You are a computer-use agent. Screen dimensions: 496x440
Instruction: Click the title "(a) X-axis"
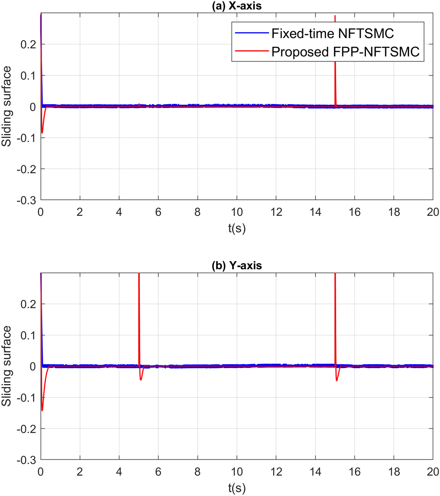[x=236, y=6]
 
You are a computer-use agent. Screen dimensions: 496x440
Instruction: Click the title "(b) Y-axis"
[x=236, y=266]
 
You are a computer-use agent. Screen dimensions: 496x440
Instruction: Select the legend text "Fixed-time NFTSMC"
[x=332, y=33]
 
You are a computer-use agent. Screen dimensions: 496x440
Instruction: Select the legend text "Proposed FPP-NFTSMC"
[x=346, y=52]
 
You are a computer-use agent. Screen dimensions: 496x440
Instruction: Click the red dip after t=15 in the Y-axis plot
[x=337, y=380]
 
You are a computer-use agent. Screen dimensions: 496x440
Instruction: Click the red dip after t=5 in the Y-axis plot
[x=141, y=379]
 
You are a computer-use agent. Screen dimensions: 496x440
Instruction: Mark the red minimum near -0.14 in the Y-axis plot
[x=42, y=409]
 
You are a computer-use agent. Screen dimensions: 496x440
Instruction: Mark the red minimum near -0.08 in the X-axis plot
[x=42, y=132]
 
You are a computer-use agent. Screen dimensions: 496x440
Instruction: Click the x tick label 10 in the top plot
[x=236, y=212]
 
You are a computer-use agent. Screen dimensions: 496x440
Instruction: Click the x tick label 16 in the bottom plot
[x=354, y=472]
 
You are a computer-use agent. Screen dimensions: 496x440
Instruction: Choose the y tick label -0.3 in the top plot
[x=28, y=200]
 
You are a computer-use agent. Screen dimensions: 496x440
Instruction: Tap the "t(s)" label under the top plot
[x=236, y=228]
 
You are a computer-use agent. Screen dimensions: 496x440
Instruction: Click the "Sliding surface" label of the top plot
[x=7, y=106]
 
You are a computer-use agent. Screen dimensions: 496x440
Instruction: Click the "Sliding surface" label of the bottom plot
[x=7, y=366]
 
